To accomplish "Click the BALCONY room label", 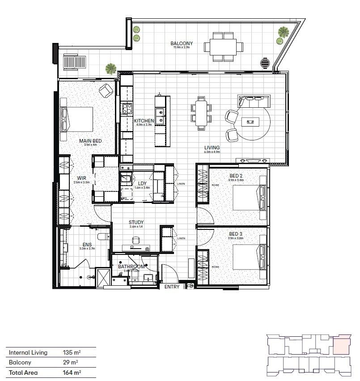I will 182,43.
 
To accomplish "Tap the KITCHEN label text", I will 144,121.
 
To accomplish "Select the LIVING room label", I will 212,148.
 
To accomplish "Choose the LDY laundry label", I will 143,183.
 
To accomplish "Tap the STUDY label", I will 136,222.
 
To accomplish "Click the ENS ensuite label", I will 87,245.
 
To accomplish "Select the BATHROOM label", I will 131,267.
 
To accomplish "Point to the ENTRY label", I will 172,287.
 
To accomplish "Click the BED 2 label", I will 236,176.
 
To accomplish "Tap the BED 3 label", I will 236,234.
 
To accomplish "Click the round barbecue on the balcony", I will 266,63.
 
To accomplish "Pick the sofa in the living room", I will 254,102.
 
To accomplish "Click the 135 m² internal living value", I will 72,352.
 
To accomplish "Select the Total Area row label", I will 23,373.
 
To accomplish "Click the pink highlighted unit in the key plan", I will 342,344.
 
